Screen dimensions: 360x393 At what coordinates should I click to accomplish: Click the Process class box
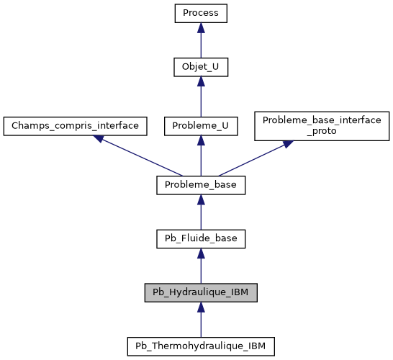pos(201,13)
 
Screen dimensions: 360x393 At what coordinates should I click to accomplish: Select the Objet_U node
pos(201,67)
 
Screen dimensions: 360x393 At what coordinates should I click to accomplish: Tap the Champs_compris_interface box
pos(76,126)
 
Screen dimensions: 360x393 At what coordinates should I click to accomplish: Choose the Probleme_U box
pos(201,126)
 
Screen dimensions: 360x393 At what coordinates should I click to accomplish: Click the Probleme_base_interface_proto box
pos(322,126)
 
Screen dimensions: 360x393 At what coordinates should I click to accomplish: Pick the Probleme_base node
pos(201,185)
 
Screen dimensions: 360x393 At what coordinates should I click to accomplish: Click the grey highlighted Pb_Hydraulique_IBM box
pos(201,292)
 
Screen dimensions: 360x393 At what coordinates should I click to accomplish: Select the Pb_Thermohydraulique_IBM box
pos(201,346)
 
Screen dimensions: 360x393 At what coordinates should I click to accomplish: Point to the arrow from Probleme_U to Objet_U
pos(201,96)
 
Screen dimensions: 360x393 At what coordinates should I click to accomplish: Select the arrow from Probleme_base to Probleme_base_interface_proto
pos(256,158)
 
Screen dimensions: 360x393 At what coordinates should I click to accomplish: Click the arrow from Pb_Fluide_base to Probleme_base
pos(201,212)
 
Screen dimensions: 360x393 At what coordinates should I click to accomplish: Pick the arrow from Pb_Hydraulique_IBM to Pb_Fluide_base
pos(201,266)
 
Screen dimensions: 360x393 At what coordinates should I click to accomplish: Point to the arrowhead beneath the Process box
pos(201,27)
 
